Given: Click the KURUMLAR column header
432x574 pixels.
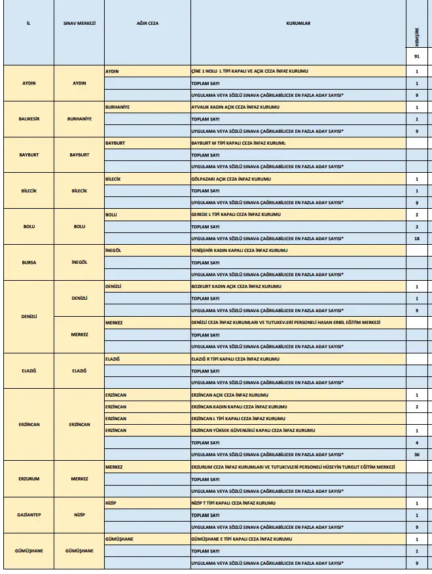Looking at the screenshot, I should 298,23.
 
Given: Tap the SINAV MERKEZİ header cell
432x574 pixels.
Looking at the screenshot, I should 79,23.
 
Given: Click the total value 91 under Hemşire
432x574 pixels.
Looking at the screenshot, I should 416,57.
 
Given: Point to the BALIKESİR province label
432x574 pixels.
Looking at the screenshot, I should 28,119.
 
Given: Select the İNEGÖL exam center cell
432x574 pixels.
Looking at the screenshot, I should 79,262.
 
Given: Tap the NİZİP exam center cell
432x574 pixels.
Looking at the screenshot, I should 79,514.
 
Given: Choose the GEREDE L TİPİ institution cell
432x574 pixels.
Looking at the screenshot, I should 235,215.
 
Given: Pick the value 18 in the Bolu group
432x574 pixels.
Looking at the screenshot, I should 416,238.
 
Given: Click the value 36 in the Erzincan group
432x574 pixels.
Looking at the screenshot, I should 416,454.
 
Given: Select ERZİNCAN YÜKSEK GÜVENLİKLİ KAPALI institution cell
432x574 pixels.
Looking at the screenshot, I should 253,430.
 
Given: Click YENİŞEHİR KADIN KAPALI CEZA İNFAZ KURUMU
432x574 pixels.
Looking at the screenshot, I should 239,251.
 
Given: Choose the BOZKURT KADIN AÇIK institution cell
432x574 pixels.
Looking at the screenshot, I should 235,287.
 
